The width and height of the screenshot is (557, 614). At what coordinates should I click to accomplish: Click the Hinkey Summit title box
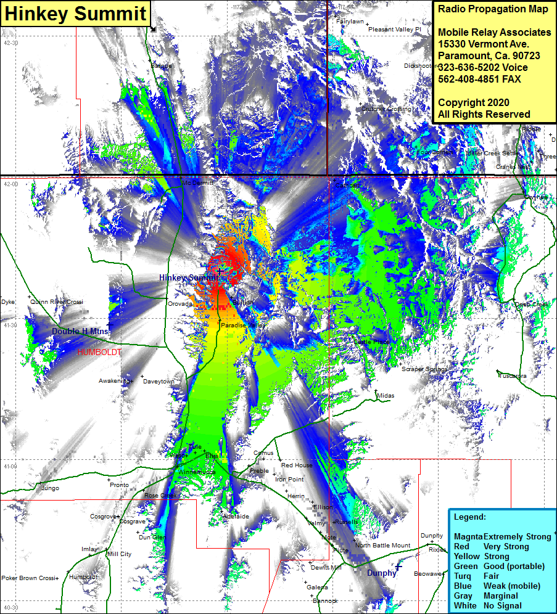76,14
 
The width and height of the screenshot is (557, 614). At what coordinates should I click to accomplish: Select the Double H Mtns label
80,332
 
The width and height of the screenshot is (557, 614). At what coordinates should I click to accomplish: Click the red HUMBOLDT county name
99,352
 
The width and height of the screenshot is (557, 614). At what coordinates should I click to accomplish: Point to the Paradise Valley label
243,325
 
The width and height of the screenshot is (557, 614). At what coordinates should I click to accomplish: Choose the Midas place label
386,396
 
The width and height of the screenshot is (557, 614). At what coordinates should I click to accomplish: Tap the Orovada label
181,304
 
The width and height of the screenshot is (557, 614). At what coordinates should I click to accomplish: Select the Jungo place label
49,488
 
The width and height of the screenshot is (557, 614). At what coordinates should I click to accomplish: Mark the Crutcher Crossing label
386,109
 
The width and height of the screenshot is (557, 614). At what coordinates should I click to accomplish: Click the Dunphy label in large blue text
381,573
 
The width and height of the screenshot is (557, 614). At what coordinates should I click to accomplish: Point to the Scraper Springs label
424,369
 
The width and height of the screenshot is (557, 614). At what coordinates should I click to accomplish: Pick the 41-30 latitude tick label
11,325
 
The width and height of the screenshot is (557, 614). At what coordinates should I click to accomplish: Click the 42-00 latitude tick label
11,184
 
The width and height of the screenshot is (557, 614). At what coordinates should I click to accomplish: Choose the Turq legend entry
463,576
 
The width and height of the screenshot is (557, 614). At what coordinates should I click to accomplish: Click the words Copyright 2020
474,102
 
